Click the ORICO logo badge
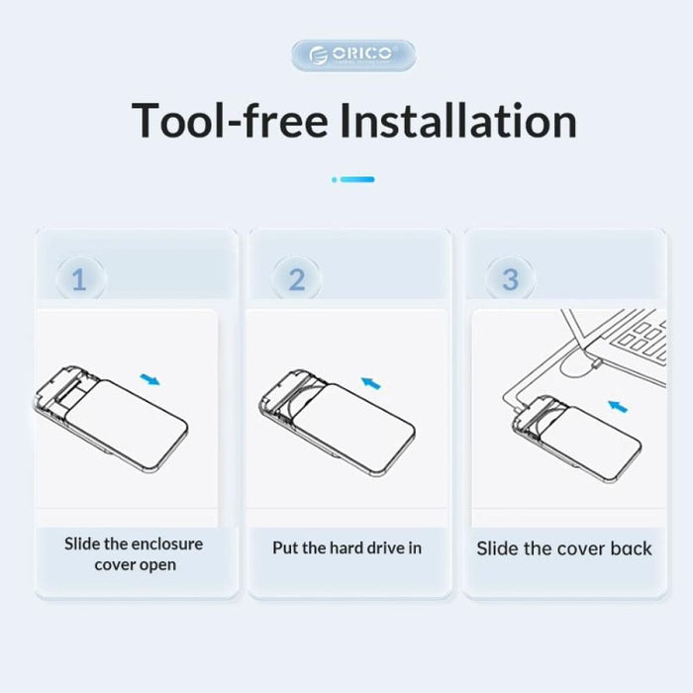pyautogui.click(x=353, y=54)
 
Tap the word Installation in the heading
pyautogui.click(x=458, y=121)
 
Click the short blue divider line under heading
pyautogui.click(x=353, y=179)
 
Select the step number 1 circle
pyautogui.click(x=78, y=279)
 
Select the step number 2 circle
pyautogui.click(x=296, y=279)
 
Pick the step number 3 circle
pyautogui.click(x=510, y=279)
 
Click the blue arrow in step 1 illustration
pyautogui.click(x=150, y=378)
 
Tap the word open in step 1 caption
pyautogui.click(x=156, y=564)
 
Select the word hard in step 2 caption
pyautogui.click(x=351, y=547)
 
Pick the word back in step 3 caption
pyautogui.click(x=628, y=548)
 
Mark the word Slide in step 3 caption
pyautogui.click(x=499, y=548)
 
